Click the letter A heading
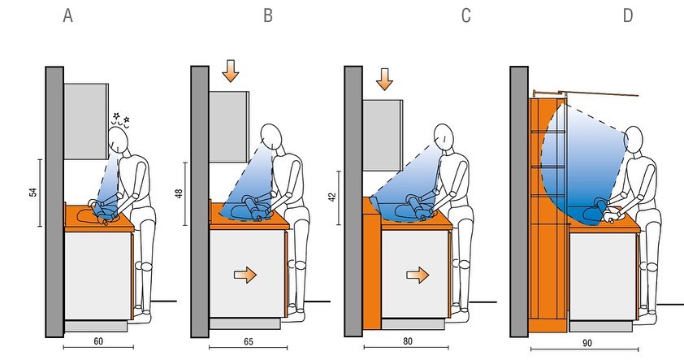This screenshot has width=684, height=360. (67, 15)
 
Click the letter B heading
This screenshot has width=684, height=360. (268, 15)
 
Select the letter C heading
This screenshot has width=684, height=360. (466, 15)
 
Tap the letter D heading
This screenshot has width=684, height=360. (628, 15)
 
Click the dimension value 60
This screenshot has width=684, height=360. (98, 340)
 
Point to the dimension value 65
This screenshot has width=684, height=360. (249, 341)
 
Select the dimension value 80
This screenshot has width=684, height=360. (408, 340)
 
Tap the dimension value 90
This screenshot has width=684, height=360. (587, 343)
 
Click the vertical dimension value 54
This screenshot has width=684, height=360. (33, 192)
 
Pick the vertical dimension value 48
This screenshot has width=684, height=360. (179, 193)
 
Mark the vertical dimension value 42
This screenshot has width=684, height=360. (333, 197)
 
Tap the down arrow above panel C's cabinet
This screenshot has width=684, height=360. (384, 80)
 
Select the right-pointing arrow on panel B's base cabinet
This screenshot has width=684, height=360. (245, 275)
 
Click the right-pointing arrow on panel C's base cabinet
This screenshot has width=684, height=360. (418, 275)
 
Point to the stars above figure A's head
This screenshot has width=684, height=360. (121, 119)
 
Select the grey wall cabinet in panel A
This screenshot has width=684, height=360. (86, 121)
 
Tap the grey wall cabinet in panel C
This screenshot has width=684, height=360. (383, 135)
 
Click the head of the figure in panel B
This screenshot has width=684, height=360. (271, 137)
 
